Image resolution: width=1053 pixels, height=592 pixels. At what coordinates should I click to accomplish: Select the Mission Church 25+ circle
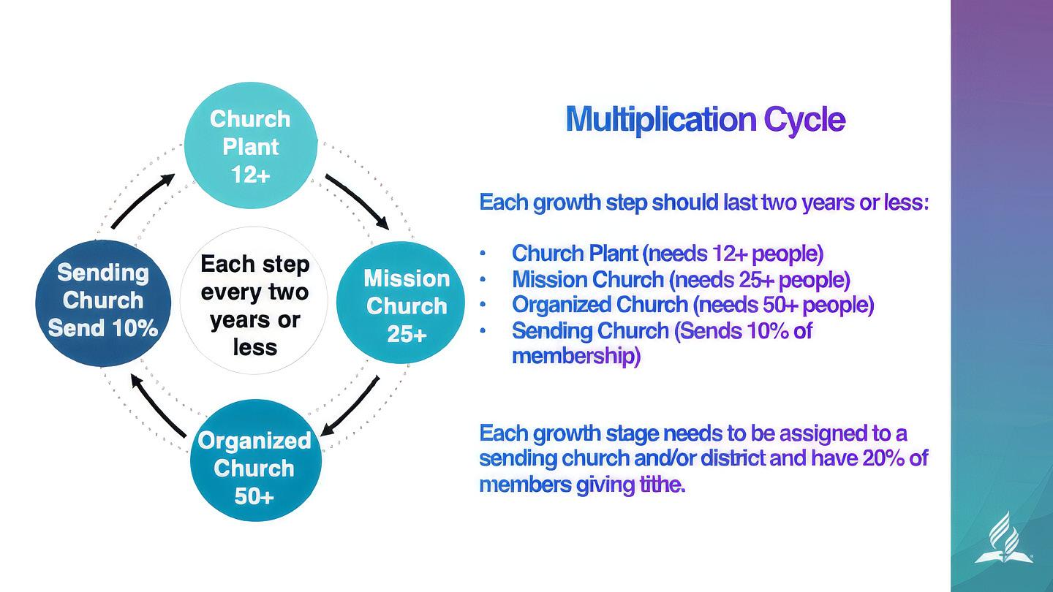[x=401, y=304]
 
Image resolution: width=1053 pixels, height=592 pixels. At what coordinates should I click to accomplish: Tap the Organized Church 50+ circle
[x=254, y=460]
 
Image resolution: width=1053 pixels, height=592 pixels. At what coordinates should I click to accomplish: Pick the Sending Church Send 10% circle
[x=102, y=301]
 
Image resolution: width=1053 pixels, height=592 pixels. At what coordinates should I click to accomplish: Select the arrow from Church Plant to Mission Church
[x=357, y=200]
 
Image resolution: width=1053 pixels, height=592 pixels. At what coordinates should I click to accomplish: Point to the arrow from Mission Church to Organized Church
[x=351, y=406]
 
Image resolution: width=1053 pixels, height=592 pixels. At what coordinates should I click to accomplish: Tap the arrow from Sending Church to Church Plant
[x=143, y=200]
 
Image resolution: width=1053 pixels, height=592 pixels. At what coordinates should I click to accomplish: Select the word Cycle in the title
[x=804, y=119]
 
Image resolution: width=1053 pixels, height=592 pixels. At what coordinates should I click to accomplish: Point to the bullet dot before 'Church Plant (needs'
[x=483, y=254]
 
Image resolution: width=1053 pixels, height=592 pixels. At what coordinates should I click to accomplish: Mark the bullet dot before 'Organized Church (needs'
[x=483, y=305]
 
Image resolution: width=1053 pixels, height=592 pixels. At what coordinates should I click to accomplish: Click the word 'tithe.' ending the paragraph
[x=663, y=484]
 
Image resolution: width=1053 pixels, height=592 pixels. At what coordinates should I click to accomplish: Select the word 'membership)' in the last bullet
[x=575, y=356]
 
